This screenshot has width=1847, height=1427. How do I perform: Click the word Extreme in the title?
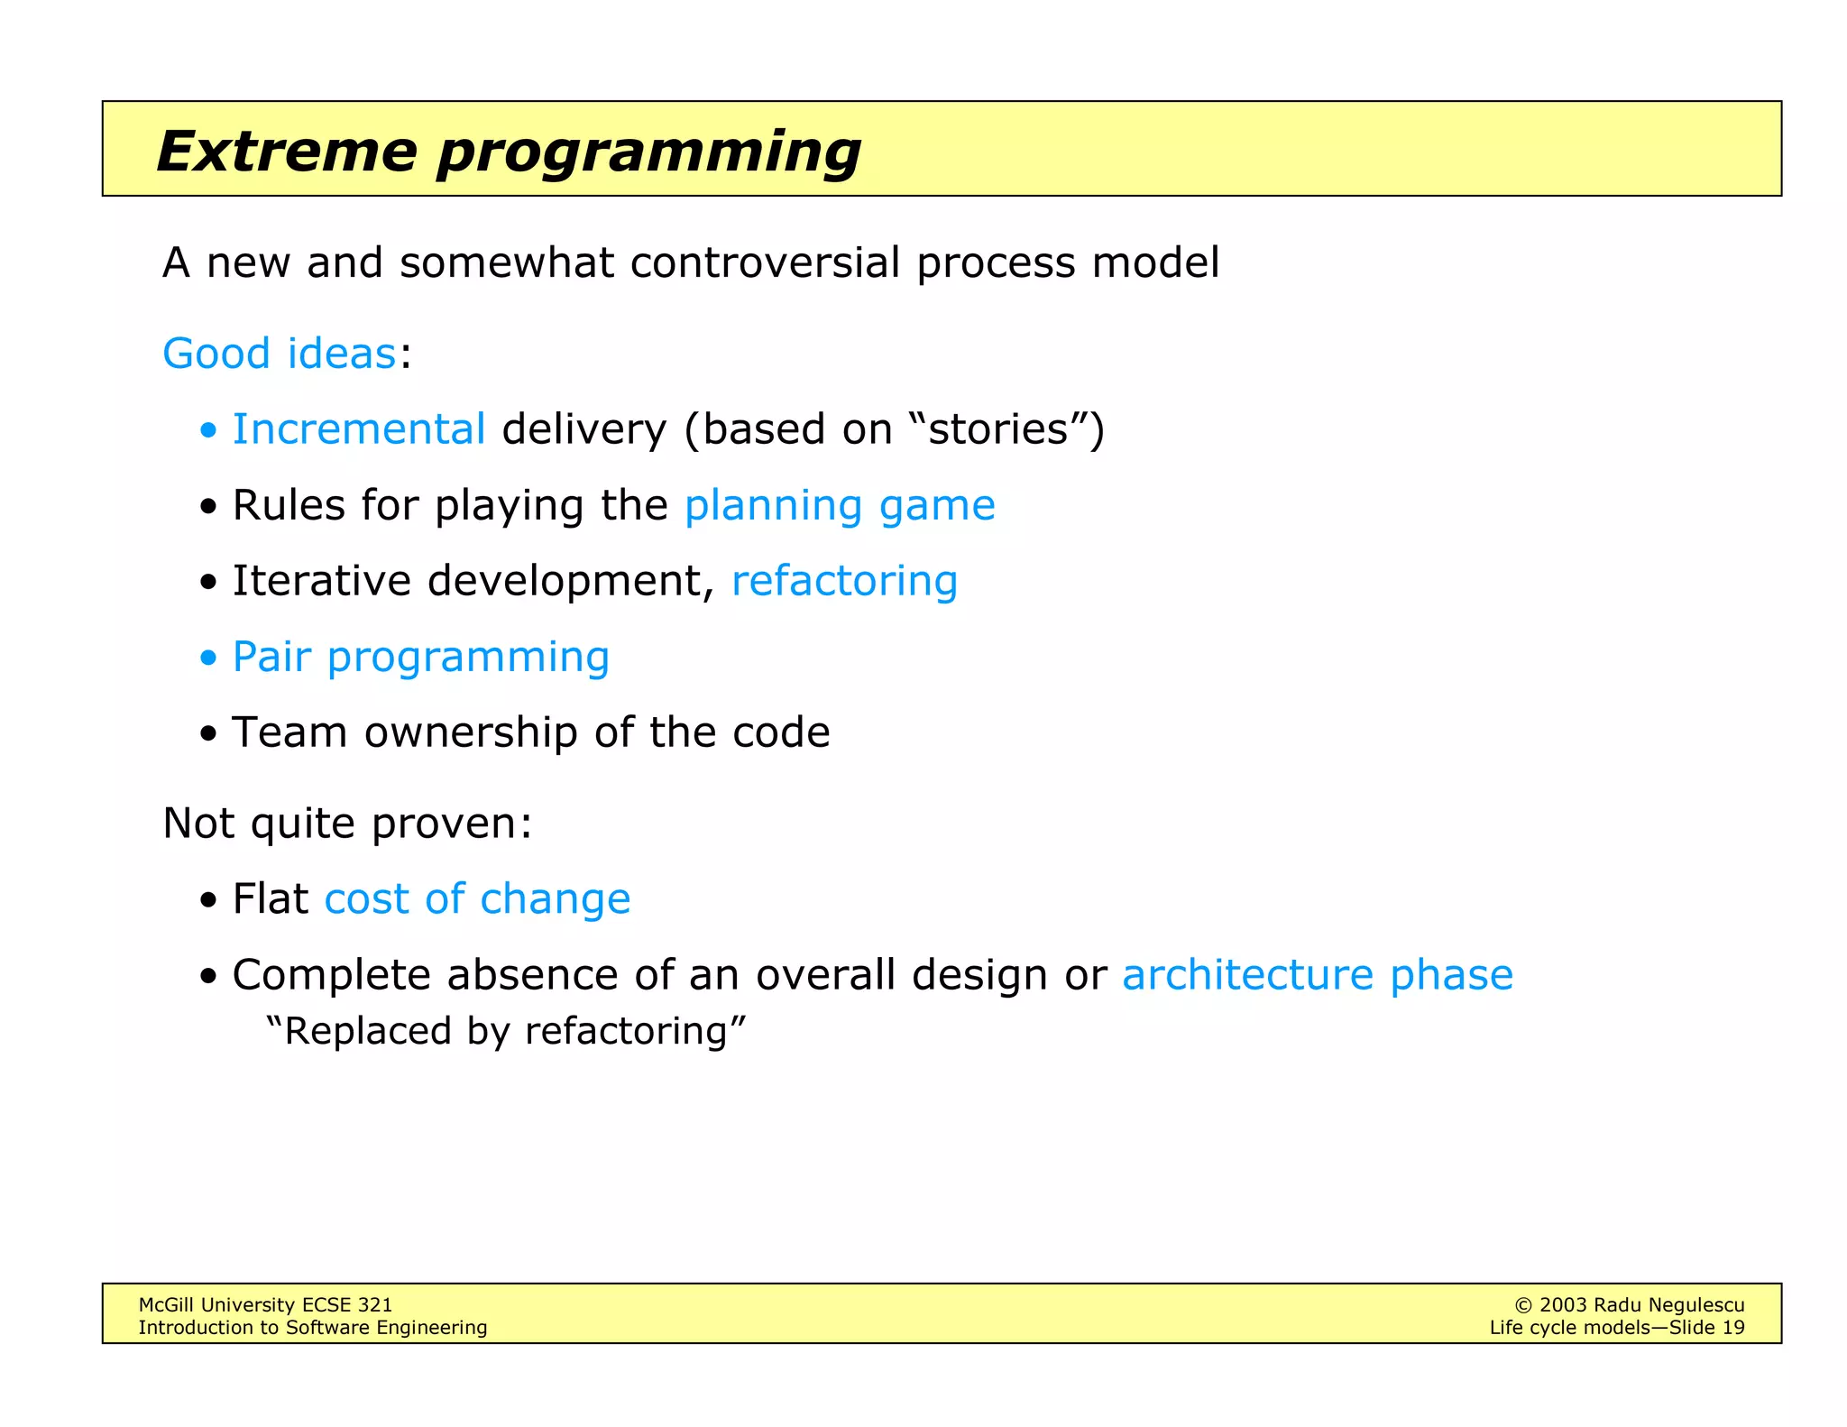(x=286, y=151)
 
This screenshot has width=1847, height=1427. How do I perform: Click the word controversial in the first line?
(x=765, y=262)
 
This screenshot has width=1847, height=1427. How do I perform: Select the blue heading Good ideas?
(x=279, y=353)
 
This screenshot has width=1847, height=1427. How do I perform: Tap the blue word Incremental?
(x=359, y=428)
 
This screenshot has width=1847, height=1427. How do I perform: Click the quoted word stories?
(x=998, y=428)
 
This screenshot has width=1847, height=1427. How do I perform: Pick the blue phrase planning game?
(x=839, y=505)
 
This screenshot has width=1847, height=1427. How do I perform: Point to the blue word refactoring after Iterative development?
(x=844, y=580)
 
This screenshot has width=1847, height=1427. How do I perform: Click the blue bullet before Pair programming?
(x=209, y=658)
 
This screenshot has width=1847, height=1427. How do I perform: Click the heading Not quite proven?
(x=347, y=823)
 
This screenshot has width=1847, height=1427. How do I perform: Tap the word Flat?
(x=270, y=898)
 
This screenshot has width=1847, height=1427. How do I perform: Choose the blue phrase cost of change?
(x=477, y=898)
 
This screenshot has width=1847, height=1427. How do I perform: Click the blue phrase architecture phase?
(x=1317, y=974)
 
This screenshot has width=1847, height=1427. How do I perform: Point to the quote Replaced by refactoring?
(x=506, y=1031)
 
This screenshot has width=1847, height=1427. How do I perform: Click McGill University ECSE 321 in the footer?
(x=265, y=1304)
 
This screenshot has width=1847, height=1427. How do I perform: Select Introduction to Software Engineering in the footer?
(x=312, y=1328)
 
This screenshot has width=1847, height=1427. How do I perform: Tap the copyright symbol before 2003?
(x=1523, y=1305)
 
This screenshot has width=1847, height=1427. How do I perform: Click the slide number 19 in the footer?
(x=1732, y=1328)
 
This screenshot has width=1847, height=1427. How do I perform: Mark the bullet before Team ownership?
(x=209, y=733)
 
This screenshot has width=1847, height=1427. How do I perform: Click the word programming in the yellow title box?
(x=648, y=151)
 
